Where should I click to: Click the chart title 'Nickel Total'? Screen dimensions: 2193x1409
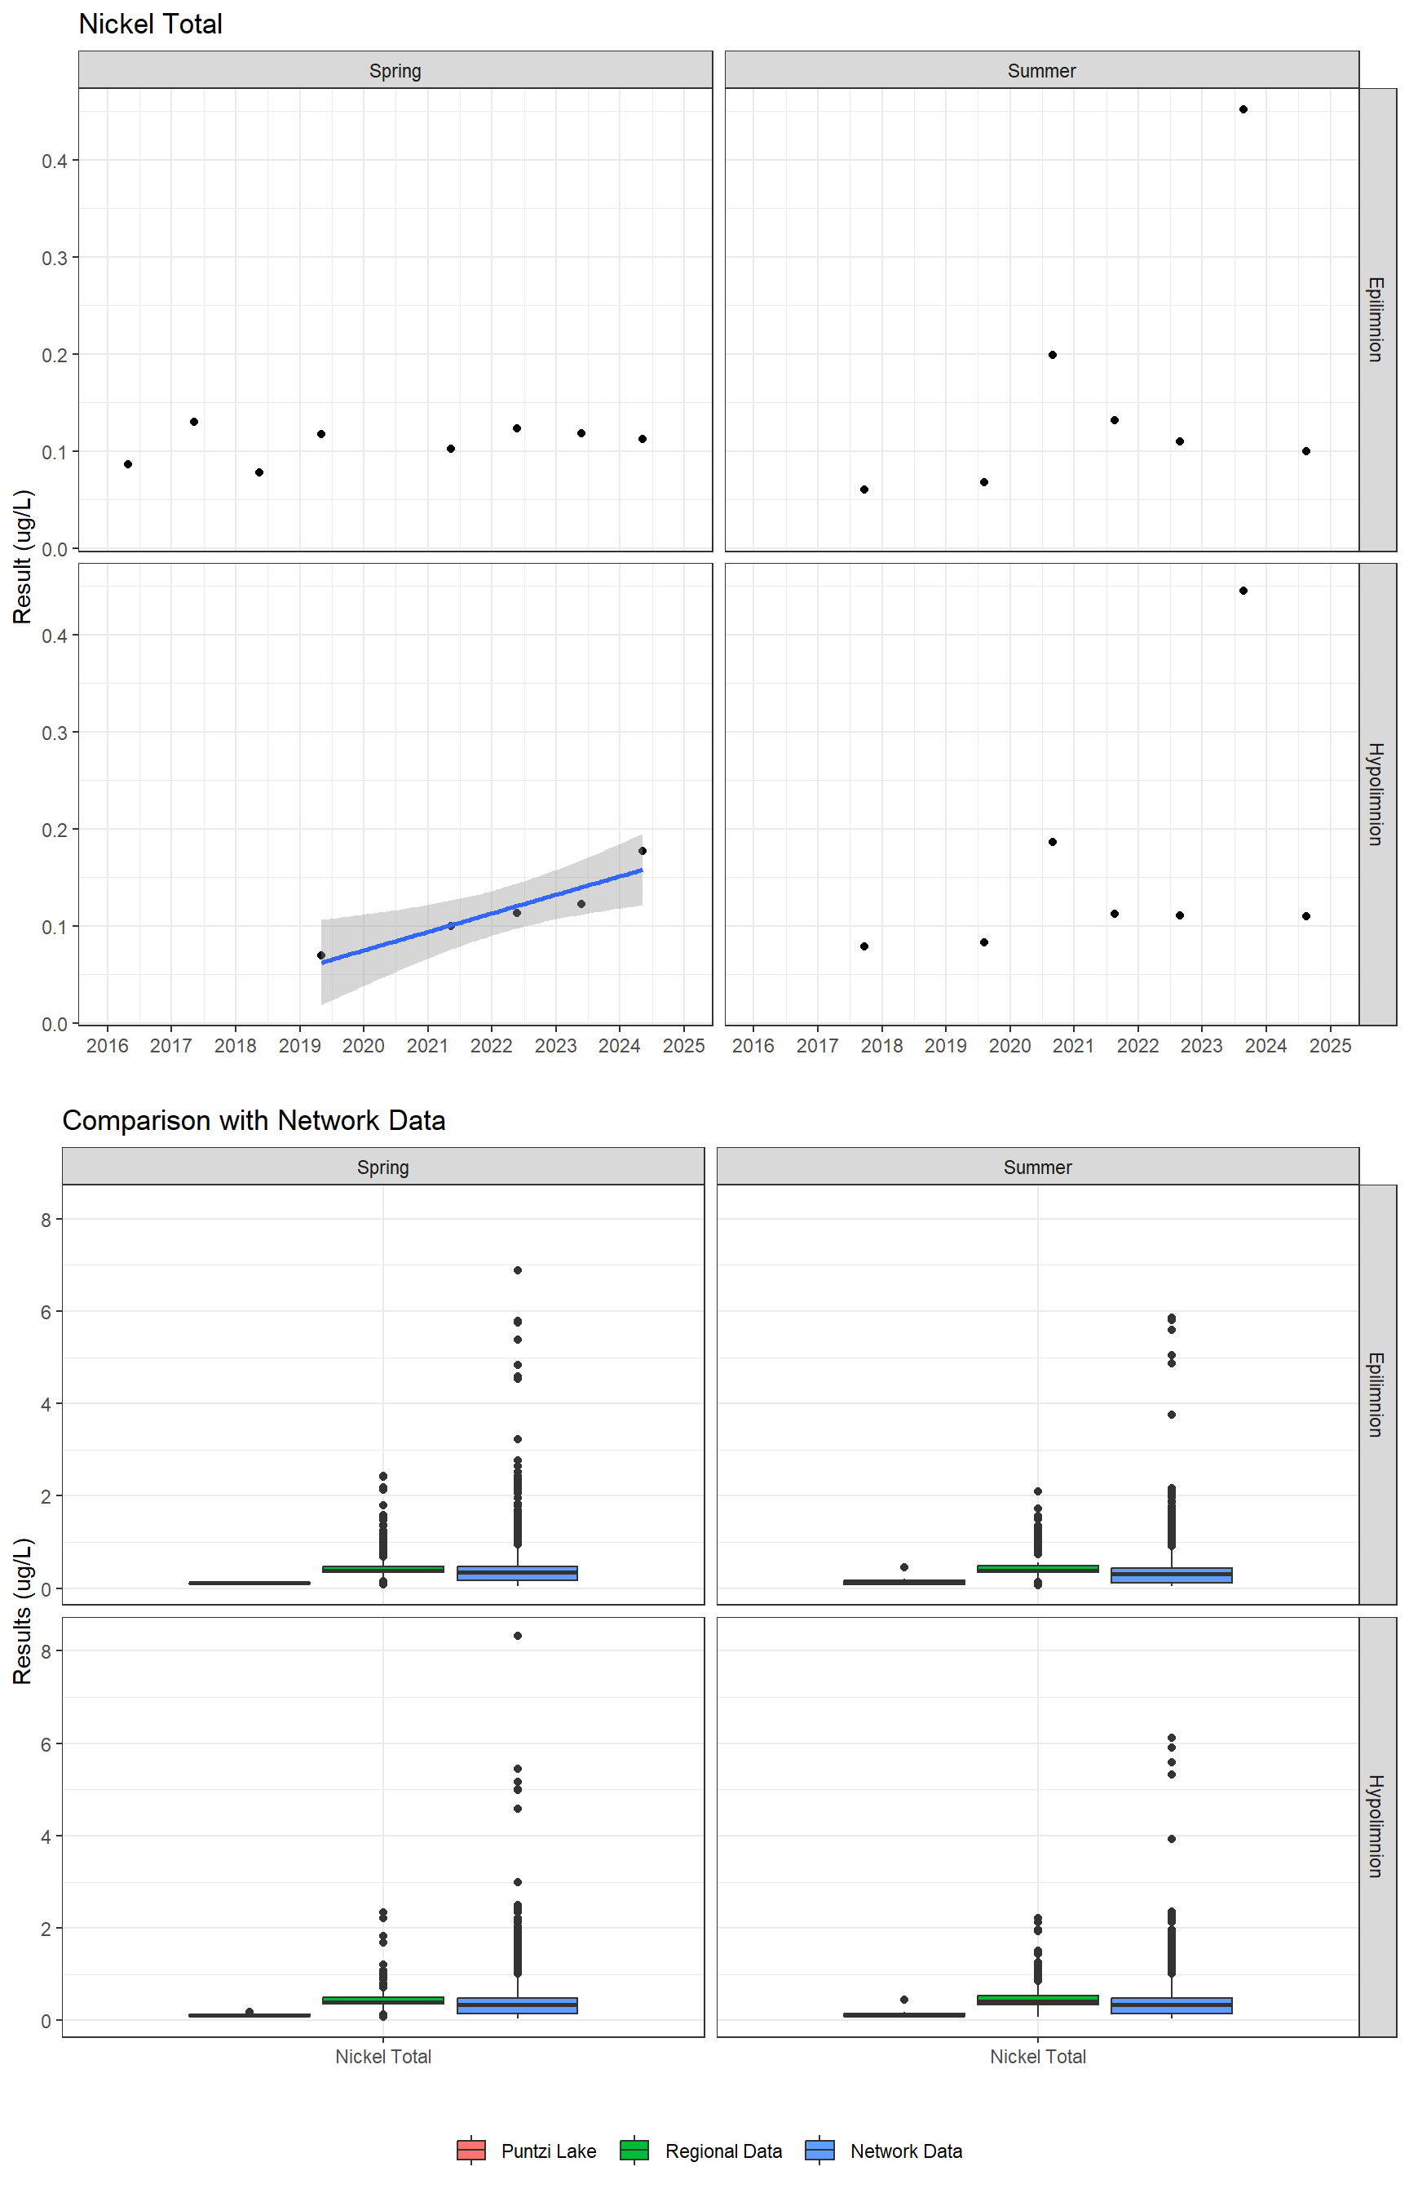[150, 24]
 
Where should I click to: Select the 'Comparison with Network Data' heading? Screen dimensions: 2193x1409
[254, 1120]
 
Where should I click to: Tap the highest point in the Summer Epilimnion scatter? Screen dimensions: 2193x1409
[1243, 110]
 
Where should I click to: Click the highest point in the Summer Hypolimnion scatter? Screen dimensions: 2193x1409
[1243, 591]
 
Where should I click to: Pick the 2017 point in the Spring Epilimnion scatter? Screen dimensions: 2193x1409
[194, 422]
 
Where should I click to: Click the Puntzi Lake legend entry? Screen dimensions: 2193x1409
[527, 2151]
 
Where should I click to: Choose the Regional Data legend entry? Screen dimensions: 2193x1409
[702, 2151]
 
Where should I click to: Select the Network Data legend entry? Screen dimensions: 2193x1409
[885, 2151]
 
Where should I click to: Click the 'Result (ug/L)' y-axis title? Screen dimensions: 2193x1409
[23, 556]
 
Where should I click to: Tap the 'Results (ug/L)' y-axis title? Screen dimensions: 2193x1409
[23, 1610]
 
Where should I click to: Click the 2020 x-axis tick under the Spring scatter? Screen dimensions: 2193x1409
[363, 1046]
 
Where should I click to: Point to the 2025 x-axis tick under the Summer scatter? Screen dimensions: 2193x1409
[1331, 1046]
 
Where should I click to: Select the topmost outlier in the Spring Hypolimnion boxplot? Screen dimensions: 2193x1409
[518, 1636]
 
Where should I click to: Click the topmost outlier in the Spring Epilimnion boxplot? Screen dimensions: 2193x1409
[518, 1270]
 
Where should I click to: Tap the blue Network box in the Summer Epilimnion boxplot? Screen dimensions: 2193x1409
[1171, 1575]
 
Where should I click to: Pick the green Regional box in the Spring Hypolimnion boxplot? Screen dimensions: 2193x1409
[383, 2000]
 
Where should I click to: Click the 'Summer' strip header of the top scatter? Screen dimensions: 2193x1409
[1041, 70]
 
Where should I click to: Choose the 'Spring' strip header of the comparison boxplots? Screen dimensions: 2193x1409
[382, 1167]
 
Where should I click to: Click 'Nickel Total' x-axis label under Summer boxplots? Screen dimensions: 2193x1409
[1037, 2057]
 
